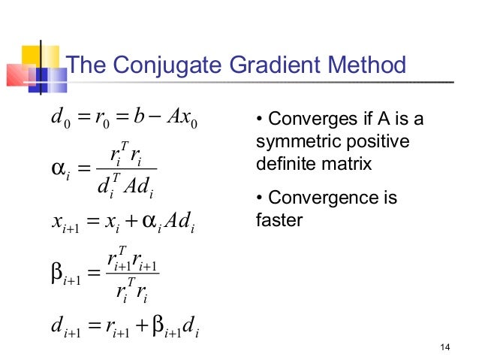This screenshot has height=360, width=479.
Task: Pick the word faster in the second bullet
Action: pos(278,220)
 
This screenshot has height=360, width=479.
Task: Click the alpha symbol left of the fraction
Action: pos(54,165)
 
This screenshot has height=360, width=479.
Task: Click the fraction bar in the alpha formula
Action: pos(122,167)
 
